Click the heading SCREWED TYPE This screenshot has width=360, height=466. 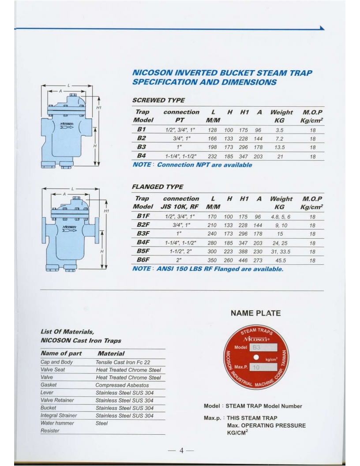[158, 101]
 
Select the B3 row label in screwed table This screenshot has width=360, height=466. [142, 147]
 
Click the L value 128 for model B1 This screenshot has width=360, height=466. [212, 130]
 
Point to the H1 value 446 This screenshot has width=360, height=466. [244, 261]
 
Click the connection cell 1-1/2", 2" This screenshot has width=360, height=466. [181, 252]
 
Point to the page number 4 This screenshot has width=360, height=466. [180, 451]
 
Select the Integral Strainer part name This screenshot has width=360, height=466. [59, 416]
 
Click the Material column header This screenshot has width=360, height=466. [112, 353]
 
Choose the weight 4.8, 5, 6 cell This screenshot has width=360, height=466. [279, 217]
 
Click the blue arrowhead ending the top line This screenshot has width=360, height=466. [322, 28]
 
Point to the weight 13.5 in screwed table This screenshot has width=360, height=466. [279, 147]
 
